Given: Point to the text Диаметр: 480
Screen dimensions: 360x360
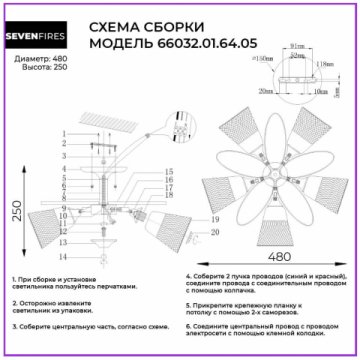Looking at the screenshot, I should pos(41,60).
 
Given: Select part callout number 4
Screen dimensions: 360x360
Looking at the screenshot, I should pos(65,169).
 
